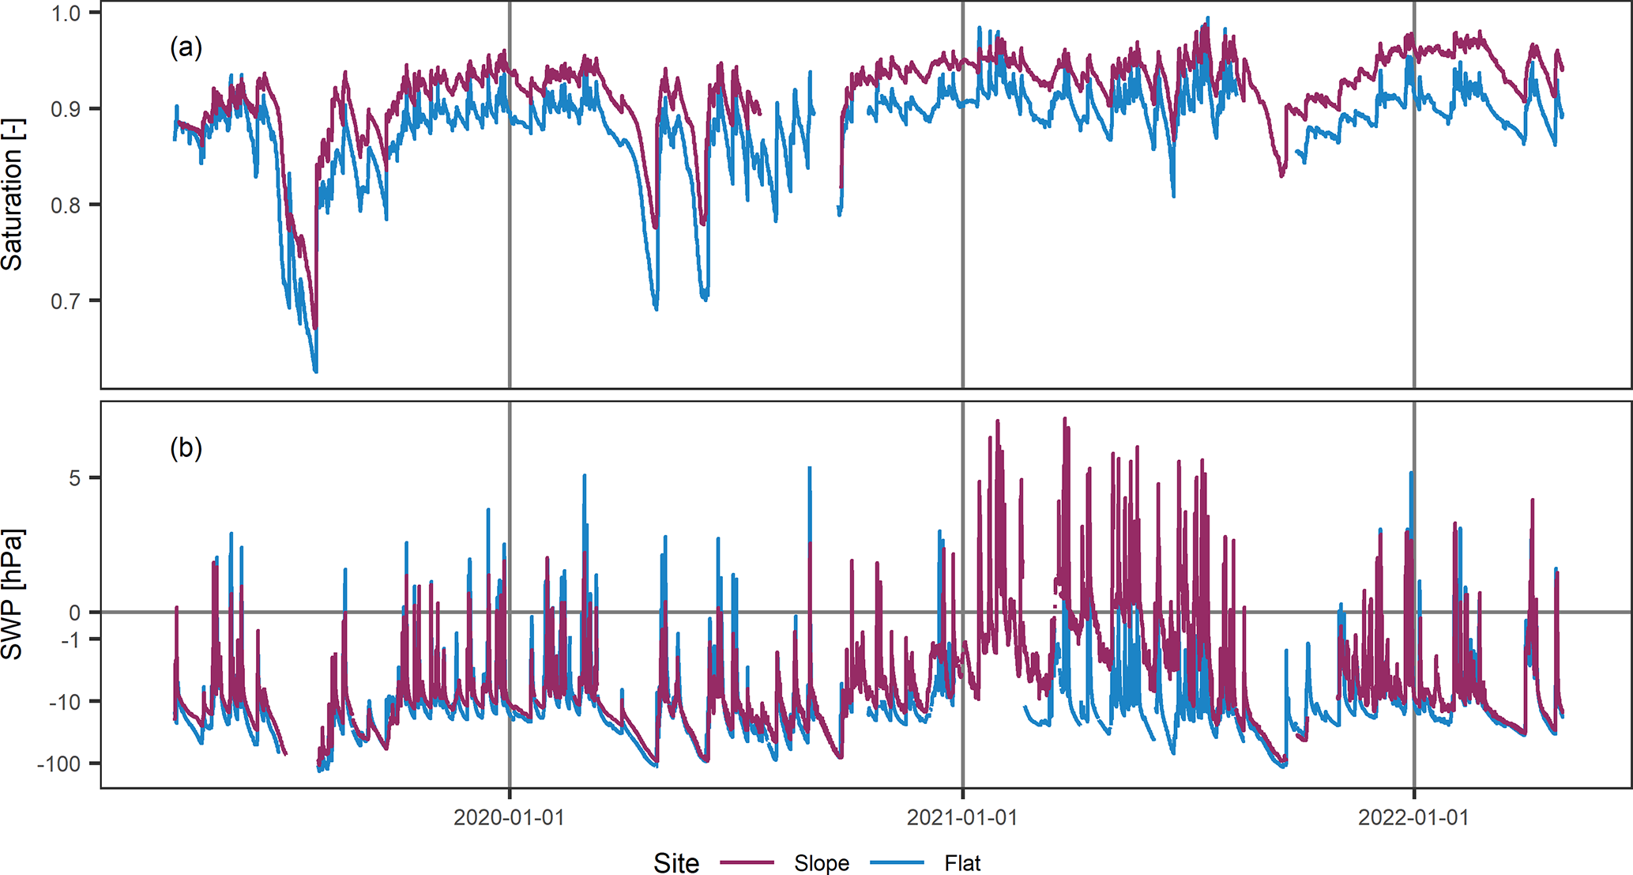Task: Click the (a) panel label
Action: click(x=186, y=48)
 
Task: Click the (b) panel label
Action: click(x=186, y=448)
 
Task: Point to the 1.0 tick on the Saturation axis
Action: click(x=67, y=13)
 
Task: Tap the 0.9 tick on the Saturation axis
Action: click(x=67, y=109)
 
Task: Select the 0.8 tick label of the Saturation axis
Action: click(x=67, y=206)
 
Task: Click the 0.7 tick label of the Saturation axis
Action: click(x=67, y=301)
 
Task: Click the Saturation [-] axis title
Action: click(x=13, y=194)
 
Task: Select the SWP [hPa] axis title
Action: click(x=13, y=594)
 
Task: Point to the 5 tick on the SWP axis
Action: click(x=74, y=478)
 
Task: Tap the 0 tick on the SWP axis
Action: click(x=74, y=613)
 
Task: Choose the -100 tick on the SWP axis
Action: click(x=58, y=764)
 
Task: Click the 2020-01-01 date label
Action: click(x=509, y=817)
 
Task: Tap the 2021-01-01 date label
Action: click(x=961, y=817)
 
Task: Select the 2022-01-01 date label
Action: click(x=1413, y=817)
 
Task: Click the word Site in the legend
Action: click(x=676, y=863)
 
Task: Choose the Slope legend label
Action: click(x=822, y=863)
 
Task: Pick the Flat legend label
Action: click(x=962, y=863)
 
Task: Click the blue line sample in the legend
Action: click(x=897, y=863)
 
